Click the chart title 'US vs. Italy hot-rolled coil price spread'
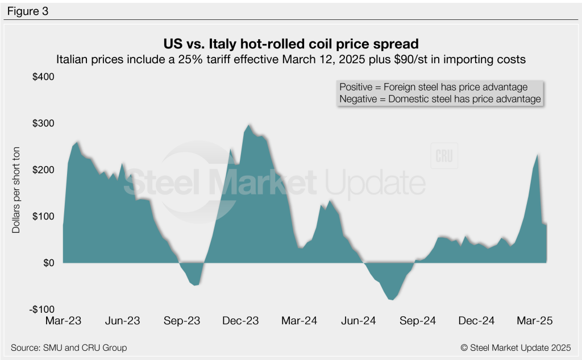tap(290, 44)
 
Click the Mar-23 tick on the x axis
tap(64, 321)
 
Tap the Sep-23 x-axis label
tap(182, 321)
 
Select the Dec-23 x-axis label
tap(241, 321)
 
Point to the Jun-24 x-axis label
tap(359, 321)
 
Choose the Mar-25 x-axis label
tap(535, 321)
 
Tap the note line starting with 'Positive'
tap(433, 88)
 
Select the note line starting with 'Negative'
tap(439, 99)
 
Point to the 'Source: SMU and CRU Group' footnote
tap(69, 347)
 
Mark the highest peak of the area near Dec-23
tap(249, 125)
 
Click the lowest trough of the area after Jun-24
tap(391, 300)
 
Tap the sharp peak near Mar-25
tap(538, 154)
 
